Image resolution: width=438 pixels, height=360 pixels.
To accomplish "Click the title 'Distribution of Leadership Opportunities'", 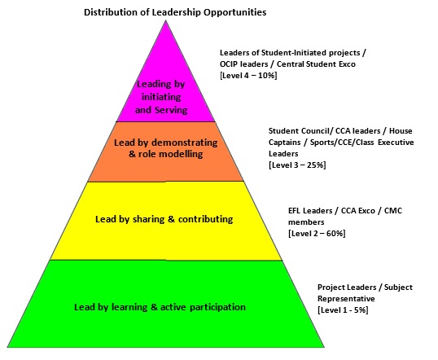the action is (175, 12).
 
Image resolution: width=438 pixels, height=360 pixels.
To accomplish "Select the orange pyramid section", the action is (166, 151).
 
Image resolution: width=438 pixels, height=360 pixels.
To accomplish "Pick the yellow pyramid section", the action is (166, 221).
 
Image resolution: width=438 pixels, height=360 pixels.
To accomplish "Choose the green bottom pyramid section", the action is (166, 304).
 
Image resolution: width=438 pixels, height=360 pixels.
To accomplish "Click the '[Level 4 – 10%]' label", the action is (248, 76).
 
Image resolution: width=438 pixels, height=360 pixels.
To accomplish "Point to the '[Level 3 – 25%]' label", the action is (297, 165).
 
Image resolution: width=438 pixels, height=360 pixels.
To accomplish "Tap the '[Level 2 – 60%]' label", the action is (317, 233).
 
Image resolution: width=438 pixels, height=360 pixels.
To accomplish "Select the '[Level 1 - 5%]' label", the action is (343, 310).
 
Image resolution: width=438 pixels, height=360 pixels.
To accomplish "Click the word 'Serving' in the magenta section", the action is (171, 110).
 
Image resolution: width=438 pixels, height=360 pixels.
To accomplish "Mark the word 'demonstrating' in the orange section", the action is (184, 143).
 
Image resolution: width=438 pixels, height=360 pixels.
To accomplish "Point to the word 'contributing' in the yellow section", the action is (206, 219).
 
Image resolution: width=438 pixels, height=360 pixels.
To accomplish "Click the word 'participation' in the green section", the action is (217, 307).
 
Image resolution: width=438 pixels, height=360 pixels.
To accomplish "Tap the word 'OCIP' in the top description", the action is (229, 64).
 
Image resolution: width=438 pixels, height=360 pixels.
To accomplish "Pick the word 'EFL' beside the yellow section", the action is (295, 210).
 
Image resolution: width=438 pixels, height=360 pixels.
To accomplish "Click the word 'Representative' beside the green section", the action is (346, 299).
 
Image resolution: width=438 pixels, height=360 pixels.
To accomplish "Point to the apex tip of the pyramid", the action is (166, 20).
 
